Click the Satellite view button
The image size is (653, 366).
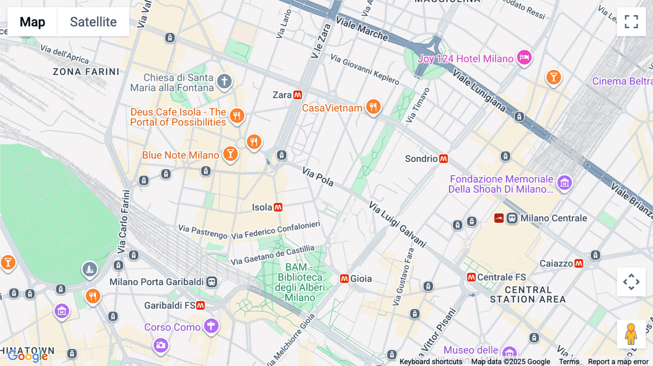[x=93, y=22]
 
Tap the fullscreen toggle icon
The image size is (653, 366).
[x=631, y=22]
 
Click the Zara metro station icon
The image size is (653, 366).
[x=298, y=95]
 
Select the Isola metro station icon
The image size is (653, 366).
[x=278, y=207]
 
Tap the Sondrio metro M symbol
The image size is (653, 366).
[x=443, y=159]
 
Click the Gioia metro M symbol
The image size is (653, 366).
[x=344, y=279]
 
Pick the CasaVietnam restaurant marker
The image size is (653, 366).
[x=373, y=107]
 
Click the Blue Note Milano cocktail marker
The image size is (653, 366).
[x=230, y=154]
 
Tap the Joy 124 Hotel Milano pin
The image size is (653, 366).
[x=524, y=57]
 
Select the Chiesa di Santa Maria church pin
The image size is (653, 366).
[x=224, y=81]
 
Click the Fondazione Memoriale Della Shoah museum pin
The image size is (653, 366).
[x=564, y=183]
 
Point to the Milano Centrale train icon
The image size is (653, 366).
[x=512, y=218]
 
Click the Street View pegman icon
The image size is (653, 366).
[x=631, y=334]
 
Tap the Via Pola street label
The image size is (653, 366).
[x=318, y=177]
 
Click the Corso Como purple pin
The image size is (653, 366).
[x=211, y=326]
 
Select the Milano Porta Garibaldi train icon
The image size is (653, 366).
[x=212, y=282]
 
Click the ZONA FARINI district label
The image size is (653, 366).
[x=86, y=72]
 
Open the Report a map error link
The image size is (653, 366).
[x=618, y=361]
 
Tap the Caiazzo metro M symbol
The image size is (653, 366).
[x=579, y=263]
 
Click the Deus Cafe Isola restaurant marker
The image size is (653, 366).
[x=237, y=116]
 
